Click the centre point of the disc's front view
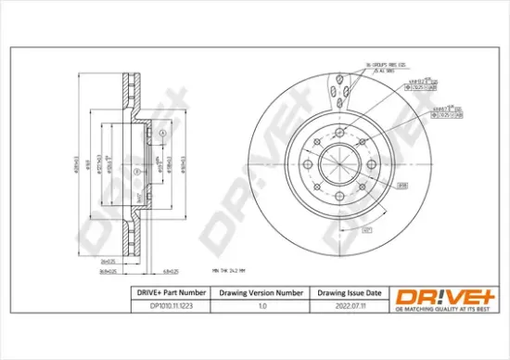pos(341,166)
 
